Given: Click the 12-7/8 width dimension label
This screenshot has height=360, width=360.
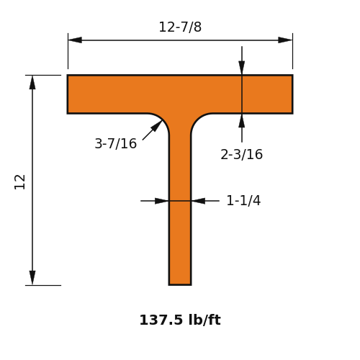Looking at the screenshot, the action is pyautogui.click(x=180, y=27).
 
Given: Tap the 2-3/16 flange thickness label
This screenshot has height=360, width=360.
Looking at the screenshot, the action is pyautogui.click(x=241, y=154).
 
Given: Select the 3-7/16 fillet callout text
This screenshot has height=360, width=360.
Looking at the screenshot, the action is pyautogui.click(x=116, y=143).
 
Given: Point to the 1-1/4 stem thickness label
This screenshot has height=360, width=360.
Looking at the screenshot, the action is pyautogui.click(x=243, y=200).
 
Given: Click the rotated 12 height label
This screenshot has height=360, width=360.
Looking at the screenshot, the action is pyautogui.click(x=20, y=182).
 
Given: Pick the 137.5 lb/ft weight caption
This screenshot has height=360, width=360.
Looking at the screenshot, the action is pyautogui.click(x=180, y=320).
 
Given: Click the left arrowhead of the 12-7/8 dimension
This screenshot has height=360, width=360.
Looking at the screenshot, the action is pyautogui.click(x=75, y=40).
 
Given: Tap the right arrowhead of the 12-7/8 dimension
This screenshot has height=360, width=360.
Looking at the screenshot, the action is pyautogui.click(x=285, y=40).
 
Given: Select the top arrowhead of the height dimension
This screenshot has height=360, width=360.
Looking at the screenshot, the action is pyautogui.click(x=32, y=82).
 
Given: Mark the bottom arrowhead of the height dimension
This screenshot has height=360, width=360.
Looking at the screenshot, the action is pyautogui.click(x=32, y=278).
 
